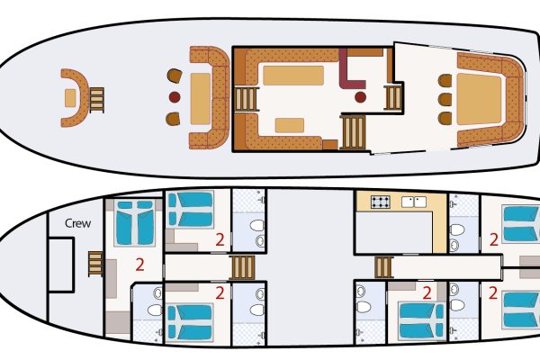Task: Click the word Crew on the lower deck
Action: [78, 223]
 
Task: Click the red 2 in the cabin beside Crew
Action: [139, 265]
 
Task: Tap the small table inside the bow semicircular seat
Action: [70, 97]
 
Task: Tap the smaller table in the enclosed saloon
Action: [290, 125]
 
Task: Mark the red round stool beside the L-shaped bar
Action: [361, 96]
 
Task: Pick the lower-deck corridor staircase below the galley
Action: [384, 267]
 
